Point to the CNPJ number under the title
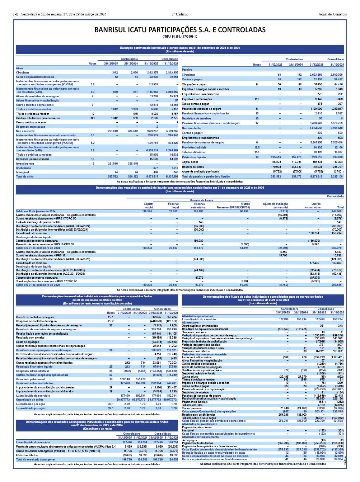pos(180,37)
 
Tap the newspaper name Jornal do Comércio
pos(333,14)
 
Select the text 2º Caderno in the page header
pos(180,14)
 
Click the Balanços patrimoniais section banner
pos(180,49)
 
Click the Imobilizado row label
pos(23,168)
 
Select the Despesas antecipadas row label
pos(31,127)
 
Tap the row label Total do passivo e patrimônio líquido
pos(206,176)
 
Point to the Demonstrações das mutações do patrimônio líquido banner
pos(180,189)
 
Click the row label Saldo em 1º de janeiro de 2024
pos(36,211)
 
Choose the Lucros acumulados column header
pos(316,205)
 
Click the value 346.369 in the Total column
pos(337,211)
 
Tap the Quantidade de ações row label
pos(29,400)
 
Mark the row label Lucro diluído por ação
pos(31,408)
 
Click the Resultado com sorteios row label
pos(30,337)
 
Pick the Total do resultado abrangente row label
pos(35,459)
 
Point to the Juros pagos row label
pos(190,440)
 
